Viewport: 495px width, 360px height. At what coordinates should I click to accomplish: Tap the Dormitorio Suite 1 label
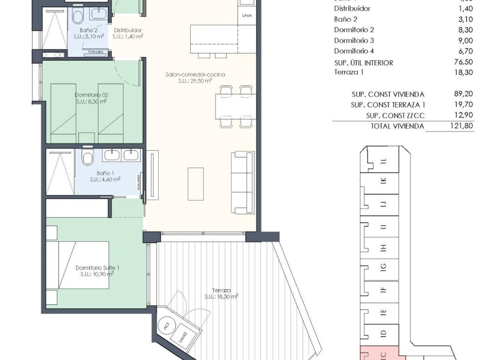tap(97, 268)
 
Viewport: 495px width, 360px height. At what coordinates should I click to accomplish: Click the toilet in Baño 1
tap(87, 159)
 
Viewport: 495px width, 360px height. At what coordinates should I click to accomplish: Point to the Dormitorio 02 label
tap(91, 95)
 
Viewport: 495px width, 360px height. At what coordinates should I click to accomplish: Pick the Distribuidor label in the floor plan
tap(127, 30)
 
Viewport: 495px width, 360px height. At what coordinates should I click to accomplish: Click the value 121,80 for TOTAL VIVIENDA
tap(462, 127)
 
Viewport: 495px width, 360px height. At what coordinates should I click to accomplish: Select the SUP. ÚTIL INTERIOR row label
tap(363, 62)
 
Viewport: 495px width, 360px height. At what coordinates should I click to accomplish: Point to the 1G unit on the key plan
tap(383, 267)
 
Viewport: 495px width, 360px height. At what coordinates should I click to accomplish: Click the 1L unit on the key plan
tap(383, 162)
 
